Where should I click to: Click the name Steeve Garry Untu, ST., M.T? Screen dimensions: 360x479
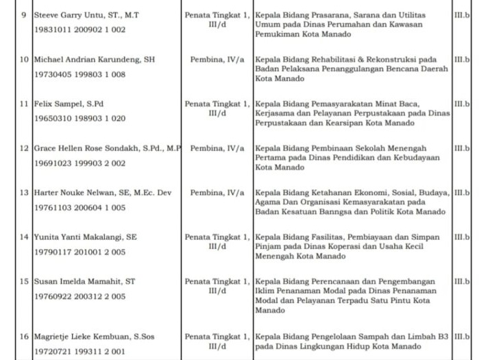click(86, 14)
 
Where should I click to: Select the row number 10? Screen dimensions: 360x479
click(24, 60)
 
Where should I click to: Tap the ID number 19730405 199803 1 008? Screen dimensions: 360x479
click(79, 74)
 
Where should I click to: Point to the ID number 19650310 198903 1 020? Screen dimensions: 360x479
click(79, 119)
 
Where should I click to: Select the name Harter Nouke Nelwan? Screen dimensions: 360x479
click(102, 193)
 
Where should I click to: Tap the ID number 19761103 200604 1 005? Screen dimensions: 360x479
click(79, 207)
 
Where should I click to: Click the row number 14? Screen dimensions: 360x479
click(24, 237)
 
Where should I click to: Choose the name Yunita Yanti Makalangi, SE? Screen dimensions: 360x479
click(85, 237)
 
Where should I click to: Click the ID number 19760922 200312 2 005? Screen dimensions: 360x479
click(79, 296)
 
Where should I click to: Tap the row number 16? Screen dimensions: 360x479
click(24, 337)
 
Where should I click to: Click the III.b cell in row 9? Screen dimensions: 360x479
click(462, 14)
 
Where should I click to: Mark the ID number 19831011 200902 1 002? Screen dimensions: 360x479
click(79, 29)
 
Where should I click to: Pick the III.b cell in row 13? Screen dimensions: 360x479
click(462, 193)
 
